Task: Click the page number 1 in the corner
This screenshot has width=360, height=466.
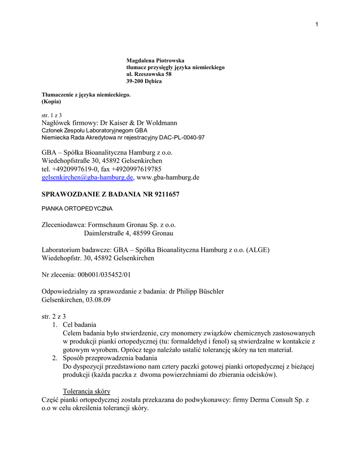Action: pos(316,24)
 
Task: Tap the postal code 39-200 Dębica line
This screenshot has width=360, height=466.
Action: pos(144,81)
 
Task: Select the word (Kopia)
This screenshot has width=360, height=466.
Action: pos(51,101)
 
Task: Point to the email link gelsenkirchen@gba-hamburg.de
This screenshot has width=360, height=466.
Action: pos(87,177)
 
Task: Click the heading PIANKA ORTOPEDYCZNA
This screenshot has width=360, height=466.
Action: pos(77,209)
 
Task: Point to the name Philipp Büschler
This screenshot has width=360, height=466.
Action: pos(200,291)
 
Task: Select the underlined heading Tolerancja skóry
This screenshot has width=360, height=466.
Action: pos(86,391)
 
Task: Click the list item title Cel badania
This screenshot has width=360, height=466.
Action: pos(79,325)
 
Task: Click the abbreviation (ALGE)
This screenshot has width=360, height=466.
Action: pos(258,250)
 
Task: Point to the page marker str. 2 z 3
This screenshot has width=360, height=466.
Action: pos(54,316)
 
